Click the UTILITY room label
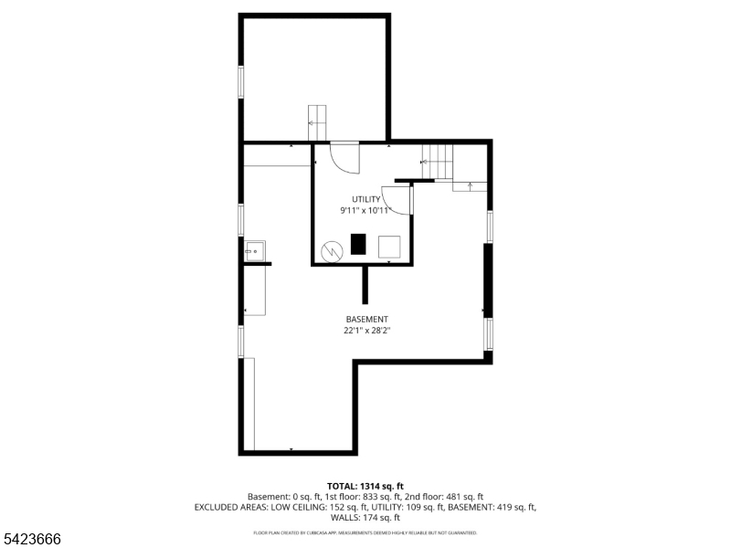(365, 199)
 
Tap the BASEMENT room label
(365, 320)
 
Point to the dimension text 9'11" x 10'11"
(365, 211)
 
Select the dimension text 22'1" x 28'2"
(365, 332)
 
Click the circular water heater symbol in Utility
(331, 249)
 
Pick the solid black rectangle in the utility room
(359, 245)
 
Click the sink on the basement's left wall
(255, 249)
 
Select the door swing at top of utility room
(345, 158)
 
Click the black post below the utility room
(365, 285)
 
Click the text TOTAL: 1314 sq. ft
(365, 486)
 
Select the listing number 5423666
(31, 540)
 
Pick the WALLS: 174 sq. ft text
(365, 517)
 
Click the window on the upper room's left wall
(241, 81)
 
